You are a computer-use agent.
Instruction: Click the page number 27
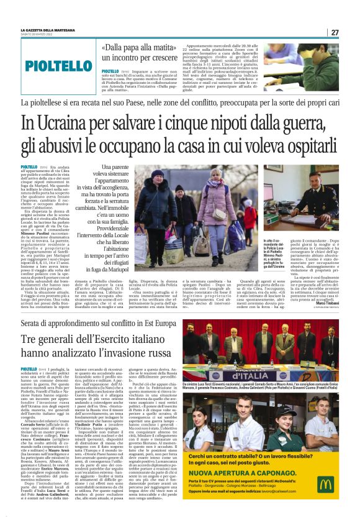point(335,32)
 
